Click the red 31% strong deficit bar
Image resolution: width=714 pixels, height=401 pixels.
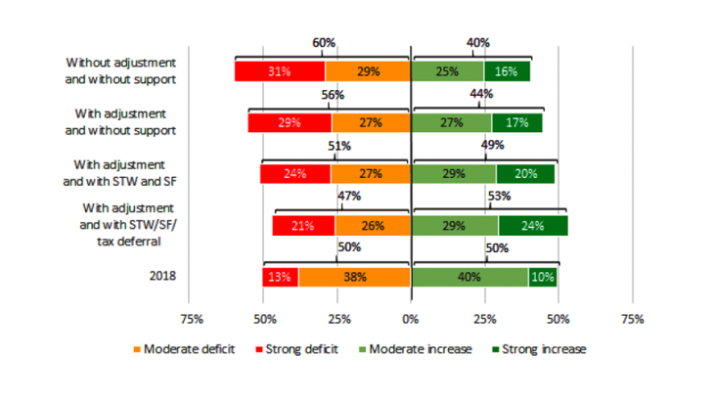tap(280, 71)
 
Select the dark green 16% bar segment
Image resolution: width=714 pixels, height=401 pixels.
tap(507, 71)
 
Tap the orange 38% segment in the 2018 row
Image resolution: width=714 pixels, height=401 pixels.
tap(354, 277)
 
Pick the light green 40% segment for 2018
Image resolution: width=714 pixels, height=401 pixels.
tap(469, 277)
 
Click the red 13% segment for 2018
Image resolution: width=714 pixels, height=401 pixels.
tap(281, 277)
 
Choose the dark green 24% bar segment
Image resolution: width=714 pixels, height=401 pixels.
tap(533, 226)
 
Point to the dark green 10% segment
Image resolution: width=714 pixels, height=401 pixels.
tap(543, 277)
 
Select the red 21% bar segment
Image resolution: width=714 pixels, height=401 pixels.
tap(303, 226)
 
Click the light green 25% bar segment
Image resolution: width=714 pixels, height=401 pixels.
tap(448, 71)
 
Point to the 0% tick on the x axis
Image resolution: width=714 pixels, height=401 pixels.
tap(410, 319)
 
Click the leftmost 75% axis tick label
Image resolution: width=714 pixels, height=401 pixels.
tap(191, 319)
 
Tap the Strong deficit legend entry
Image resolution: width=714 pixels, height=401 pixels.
tap(293, 349)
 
